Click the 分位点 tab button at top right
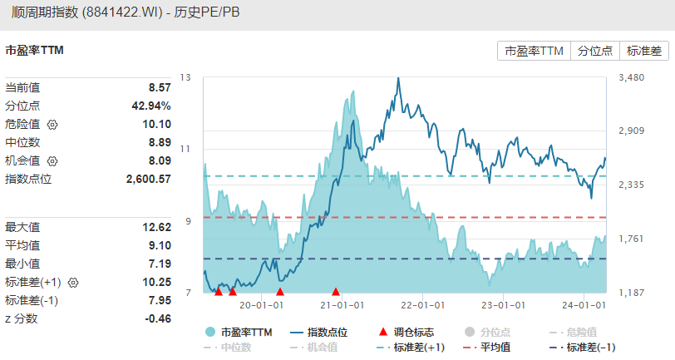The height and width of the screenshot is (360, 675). coord(595,51)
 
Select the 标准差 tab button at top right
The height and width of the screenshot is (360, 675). coord(644,51)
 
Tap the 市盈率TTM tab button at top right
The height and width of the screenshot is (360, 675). coord(534,51)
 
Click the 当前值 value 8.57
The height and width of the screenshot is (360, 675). coord(159,87)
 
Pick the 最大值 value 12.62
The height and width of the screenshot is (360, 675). coord(156,227)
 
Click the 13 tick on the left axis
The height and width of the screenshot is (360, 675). coord(185,77)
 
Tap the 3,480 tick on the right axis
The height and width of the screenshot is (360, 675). coord(633,77)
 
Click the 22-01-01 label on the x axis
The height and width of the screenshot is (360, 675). coord(424,305)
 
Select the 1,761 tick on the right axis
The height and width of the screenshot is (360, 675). coord(633,239)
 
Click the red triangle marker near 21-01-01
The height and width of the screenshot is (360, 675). coord(336,291)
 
